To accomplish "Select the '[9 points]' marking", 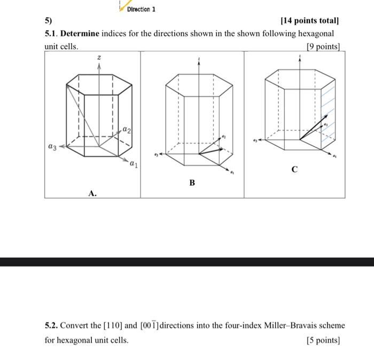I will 323,46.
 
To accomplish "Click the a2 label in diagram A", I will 126,129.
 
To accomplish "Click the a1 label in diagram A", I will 133,165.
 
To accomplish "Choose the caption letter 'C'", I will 294,169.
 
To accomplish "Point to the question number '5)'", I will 49,21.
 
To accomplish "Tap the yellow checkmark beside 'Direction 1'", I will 119,6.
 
